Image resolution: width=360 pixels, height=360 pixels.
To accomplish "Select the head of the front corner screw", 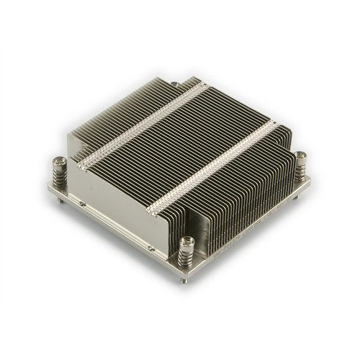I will coord(189,243).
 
